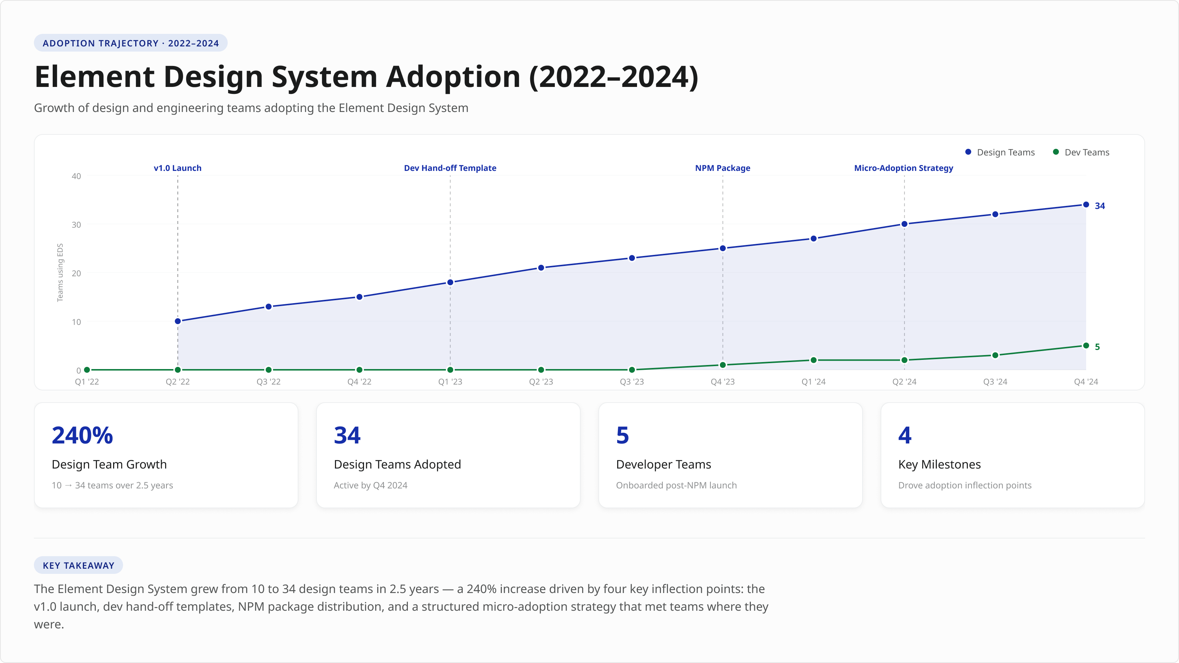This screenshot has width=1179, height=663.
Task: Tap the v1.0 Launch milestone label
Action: coord(178,168)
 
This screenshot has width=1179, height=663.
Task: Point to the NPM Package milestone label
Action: coord(722,168)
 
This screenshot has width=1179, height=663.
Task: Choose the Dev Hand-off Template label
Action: coord(450,168)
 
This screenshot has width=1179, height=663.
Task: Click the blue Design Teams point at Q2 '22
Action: coord(178,321)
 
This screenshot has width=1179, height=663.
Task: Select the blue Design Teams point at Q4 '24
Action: coord(1086,204)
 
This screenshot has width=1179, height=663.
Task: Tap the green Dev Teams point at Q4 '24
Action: coord(1086,345)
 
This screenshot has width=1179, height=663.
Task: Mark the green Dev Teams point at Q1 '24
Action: coord(813,360)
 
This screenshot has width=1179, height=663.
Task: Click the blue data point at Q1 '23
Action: coord(450,282)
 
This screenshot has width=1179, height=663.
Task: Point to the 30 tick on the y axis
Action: coord(76,225)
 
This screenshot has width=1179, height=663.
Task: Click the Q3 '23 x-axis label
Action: coord(632,382)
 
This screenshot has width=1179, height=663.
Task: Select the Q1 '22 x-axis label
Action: coord(87,382)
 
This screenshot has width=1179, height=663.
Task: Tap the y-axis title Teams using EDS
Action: coord(60,273)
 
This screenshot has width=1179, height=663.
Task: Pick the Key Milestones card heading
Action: coord(939,464)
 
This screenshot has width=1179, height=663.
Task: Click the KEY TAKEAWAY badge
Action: coord(78,565)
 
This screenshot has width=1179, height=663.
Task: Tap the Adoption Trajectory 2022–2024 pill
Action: coord(130,43)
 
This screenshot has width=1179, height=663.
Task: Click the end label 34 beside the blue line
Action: coord(1099,206)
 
